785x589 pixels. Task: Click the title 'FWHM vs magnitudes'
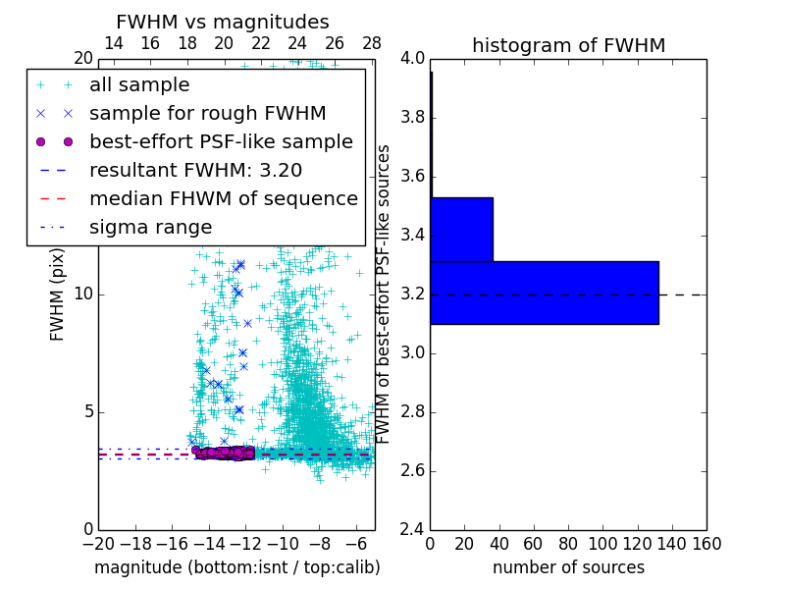pyautogui.click(x=223, y=23)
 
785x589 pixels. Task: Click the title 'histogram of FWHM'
pyautogui.click(x=568, y=45)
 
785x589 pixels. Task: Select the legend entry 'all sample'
pyautogui.click(x=139, y=85)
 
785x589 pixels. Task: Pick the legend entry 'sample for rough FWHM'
pyautogui.click(x=207, y=113)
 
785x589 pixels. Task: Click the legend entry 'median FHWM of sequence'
pyautogui.click(x=223, y=198)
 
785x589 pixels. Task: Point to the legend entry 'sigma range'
pyautogui.click(x=150, y=227)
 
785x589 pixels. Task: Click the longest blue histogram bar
pyautogui.click(x=544, y=293)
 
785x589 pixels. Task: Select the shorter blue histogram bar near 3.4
pyautogui.click(x=461, y=230)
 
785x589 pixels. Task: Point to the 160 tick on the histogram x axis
pyautogui.click(x=706, y=544)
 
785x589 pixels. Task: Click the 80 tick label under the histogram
pyautogui.click(x=568, y=544)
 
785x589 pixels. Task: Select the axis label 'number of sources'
pyautogui.click(x=568, y=567)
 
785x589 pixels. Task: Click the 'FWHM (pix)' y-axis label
pyautogui.click(x=58, y=294)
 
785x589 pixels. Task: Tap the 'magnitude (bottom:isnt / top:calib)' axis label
pyautogui.click(x=236, y=567)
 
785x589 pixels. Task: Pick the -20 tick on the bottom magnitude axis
pyautogui.click(x=98, y=544)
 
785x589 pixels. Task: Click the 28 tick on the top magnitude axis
pyautogui.click(x=372, y=43)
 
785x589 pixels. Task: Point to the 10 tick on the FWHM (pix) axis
pyautogui.click(x=83, y=294)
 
